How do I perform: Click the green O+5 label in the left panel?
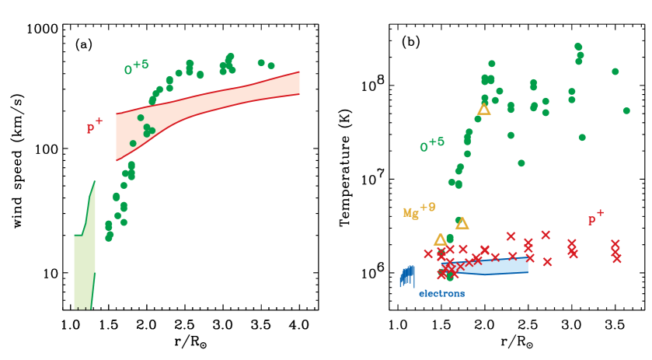pyautogui.click(x=136, y=68)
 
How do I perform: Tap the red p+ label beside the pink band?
pyautogui.click(x=94, y=126)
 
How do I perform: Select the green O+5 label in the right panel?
pyautogui.click(x=432, y=145)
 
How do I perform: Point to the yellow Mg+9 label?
pyautogui.click(x=419, y=211)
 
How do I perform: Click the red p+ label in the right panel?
pyautogui.click(x=595, y=218)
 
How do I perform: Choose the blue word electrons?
pyautogui.click(x=441, y=294)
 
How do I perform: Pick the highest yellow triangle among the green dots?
pyautogui.click(x=483, y=110)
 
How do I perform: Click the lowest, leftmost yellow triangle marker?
pyautogui.click(x=440, y=240)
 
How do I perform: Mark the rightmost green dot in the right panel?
pyautogui.click(x=626, y=110)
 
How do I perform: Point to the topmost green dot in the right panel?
pyautogui.click(x=577, y=47)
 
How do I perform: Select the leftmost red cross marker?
pyautogui.click(x=427, y=253)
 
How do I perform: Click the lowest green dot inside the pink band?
pyautogui.click(x=133, y=143)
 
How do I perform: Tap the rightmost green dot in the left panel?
pyautogui.click(x=271, y=65)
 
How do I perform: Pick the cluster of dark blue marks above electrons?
pyautogui.click(x=407, y=276)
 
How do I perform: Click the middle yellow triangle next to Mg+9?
pyautogui.click(x=462, y=224)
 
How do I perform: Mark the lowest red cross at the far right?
pyautogui.click(x=616, y=258)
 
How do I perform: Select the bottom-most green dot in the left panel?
pyautogui.click(x=109, y=237)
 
